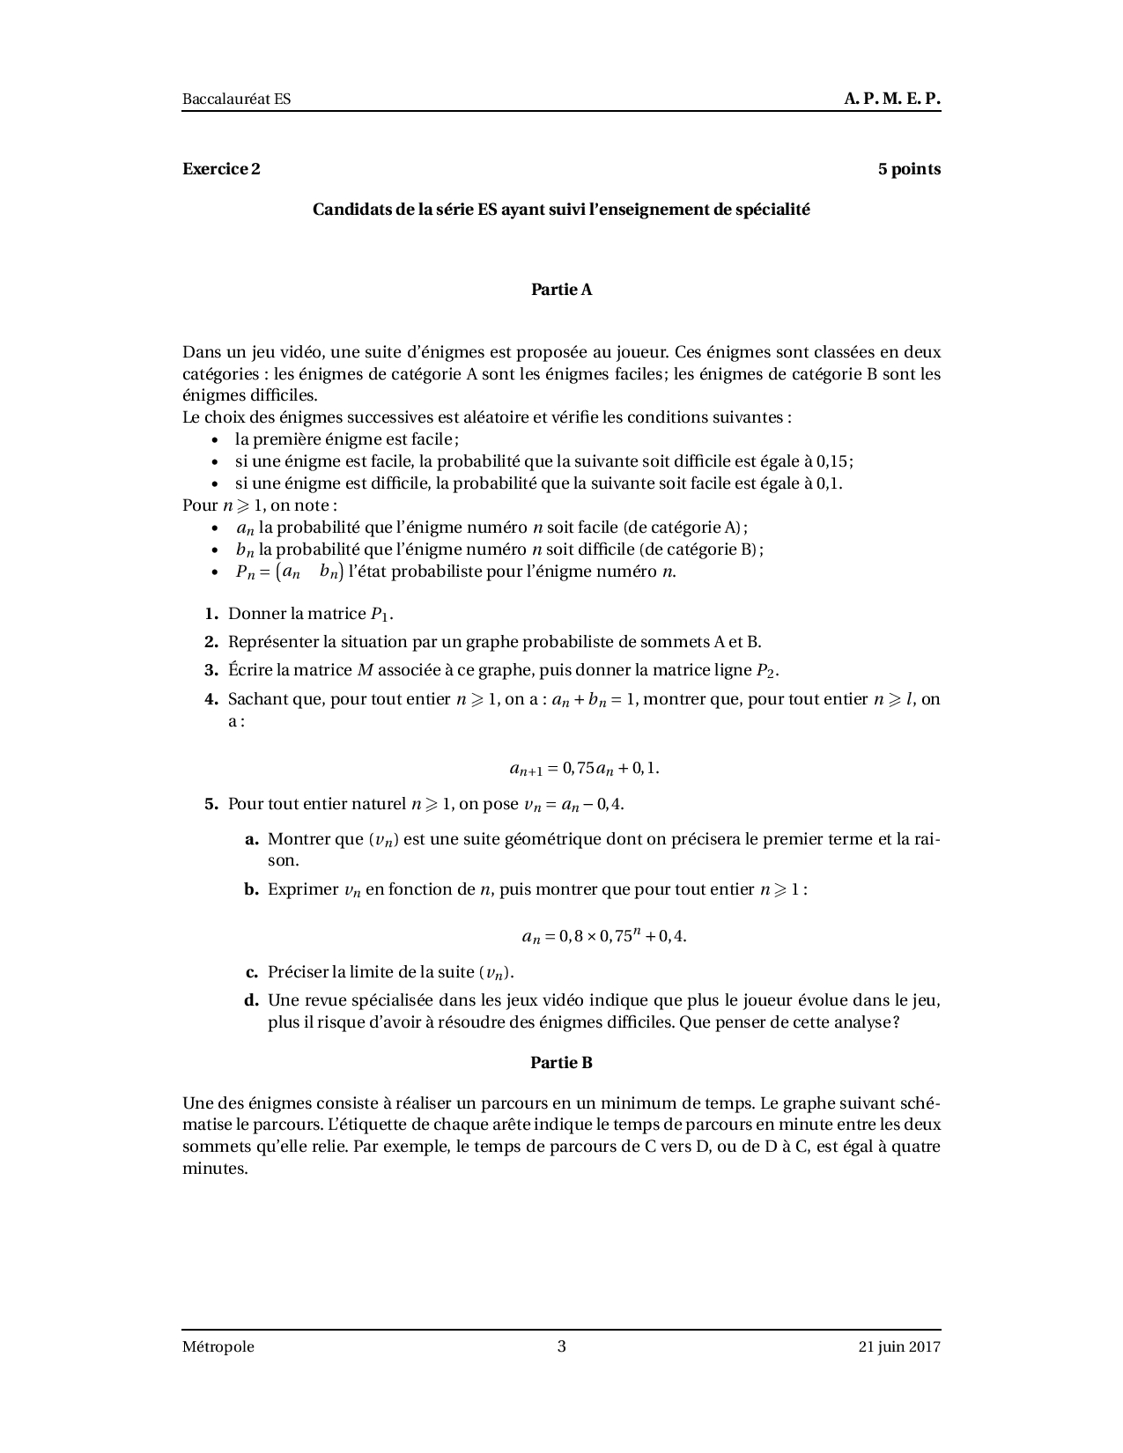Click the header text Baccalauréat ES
pos(236,100)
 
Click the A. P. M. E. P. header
pos(891,99)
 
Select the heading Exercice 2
pos(221,169)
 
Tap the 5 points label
pos(909,169)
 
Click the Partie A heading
pos(561,290)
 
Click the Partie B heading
pos(561,1063)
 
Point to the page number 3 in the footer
pos(562,1346)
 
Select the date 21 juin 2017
pos(899,1346)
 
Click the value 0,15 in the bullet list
pos(833,461)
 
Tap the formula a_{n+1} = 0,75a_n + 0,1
pos(584,768)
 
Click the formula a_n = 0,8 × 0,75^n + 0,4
pos(603,936)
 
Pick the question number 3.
pos(211,670)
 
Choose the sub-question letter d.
pos(251,1000)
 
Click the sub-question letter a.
pos(251,839)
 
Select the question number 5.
pos(211,804)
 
